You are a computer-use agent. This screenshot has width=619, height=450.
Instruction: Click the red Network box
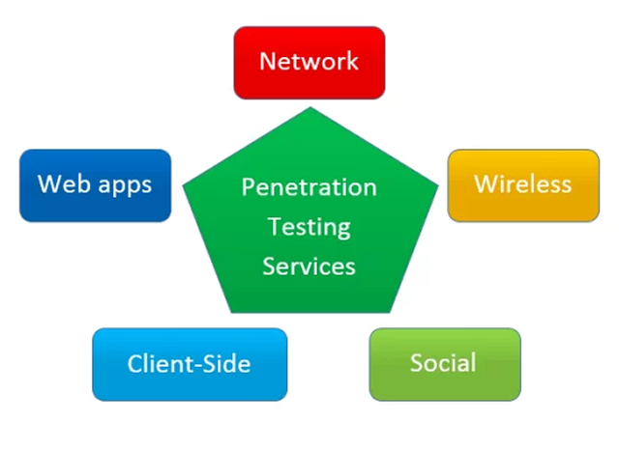309,62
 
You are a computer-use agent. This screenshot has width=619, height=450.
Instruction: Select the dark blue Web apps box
95,184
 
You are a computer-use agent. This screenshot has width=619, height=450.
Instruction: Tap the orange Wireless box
523,184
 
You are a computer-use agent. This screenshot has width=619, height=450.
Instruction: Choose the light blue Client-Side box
190,364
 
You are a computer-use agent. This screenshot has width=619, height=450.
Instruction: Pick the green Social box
444,364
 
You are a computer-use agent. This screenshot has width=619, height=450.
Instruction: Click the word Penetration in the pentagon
309,186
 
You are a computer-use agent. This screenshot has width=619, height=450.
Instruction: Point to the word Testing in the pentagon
309,227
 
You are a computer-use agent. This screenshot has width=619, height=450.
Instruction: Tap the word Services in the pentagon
309,266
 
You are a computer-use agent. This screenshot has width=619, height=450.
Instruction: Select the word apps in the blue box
125,186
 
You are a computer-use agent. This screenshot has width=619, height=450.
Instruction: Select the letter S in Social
417,364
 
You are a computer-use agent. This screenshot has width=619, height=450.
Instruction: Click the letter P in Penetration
248,186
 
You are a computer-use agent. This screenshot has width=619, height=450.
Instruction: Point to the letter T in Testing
274,227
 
